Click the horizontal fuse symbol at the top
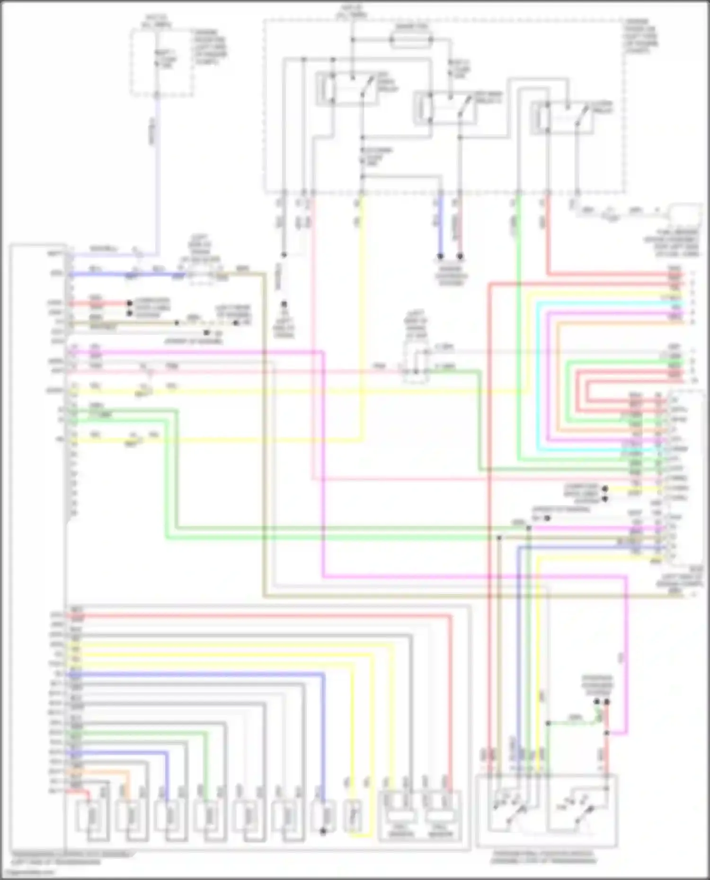click(x=411, y=40)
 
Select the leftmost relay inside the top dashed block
click(x=348, y=88)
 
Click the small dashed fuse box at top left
click(x=161, y=61)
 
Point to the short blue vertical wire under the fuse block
click(x=440, y=227)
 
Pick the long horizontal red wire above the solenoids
click(x=260, y=616)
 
